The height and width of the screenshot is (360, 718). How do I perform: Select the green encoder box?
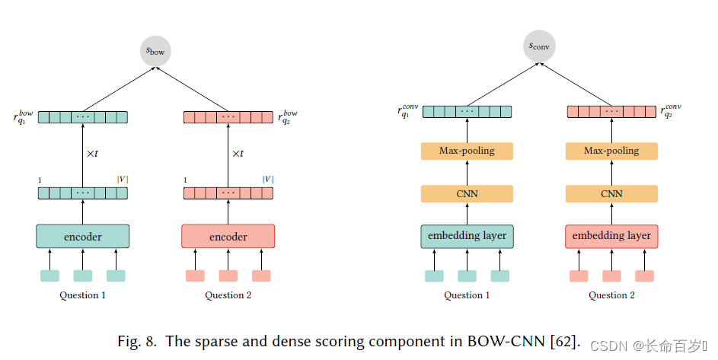pyautogui.click(x=82, y=236)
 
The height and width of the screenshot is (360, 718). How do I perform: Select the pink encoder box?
pyautogui.click(x=228, y=236)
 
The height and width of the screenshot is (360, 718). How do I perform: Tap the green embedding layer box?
pyautogui.click(x=467, y=236)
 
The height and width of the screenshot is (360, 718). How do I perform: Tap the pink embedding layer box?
pyautogui.click(x=611, y=236)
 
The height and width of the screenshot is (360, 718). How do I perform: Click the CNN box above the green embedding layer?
pyautogui.click(x=467, y=193)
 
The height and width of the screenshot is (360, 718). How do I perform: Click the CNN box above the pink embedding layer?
pyautogui.click(x=611, y=193)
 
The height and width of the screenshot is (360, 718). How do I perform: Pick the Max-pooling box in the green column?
pyautogui.click(x=467, y=151)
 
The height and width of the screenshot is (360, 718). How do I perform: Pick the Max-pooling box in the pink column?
pyautogui.click(x=611, y=151)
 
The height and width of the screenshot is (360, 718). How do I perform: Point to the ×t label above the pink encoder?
pyautogui.click(x=237, y=153)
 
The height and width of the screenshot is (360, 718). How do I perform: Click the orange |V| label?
pyautogui.click(x=122, y=180)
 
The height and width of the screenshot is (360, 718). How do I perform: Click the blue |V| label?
pyautogui.click(x=267, y=180)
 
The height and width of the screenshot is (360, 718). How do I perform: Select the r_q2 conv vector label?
pyautogui.click(x=671, y=111)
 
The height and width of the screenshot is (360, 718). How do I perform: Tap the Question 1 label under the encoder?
pyautogui.click(x=82, y=295)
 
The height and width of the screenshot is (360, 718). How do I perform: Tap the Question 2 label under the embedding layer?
pyautogui.click(x=611, y=295)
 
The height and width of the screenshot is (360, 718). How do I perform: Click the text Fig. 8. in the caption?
pyautogui.click(x=139, y=341)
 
